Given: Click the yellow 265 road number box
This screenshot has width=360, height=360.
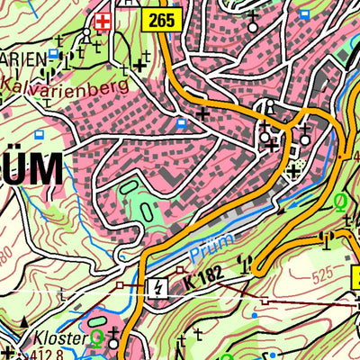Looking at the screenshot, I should (162, 20).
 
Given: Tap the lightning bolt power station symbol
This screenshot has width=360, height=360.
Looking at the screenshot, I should (158, 287).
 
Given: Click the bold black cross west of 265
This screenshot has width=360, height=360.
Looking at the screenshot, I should (139, 64).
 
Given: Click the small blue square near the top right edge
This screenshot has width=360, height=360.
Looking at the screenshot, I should (305, 14).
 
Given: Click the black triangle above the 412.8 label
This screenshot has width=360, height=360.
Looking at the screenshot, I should (7, 352).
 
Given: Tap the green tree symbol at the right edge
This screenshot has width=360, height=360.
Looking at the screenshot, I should (341, 202).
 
